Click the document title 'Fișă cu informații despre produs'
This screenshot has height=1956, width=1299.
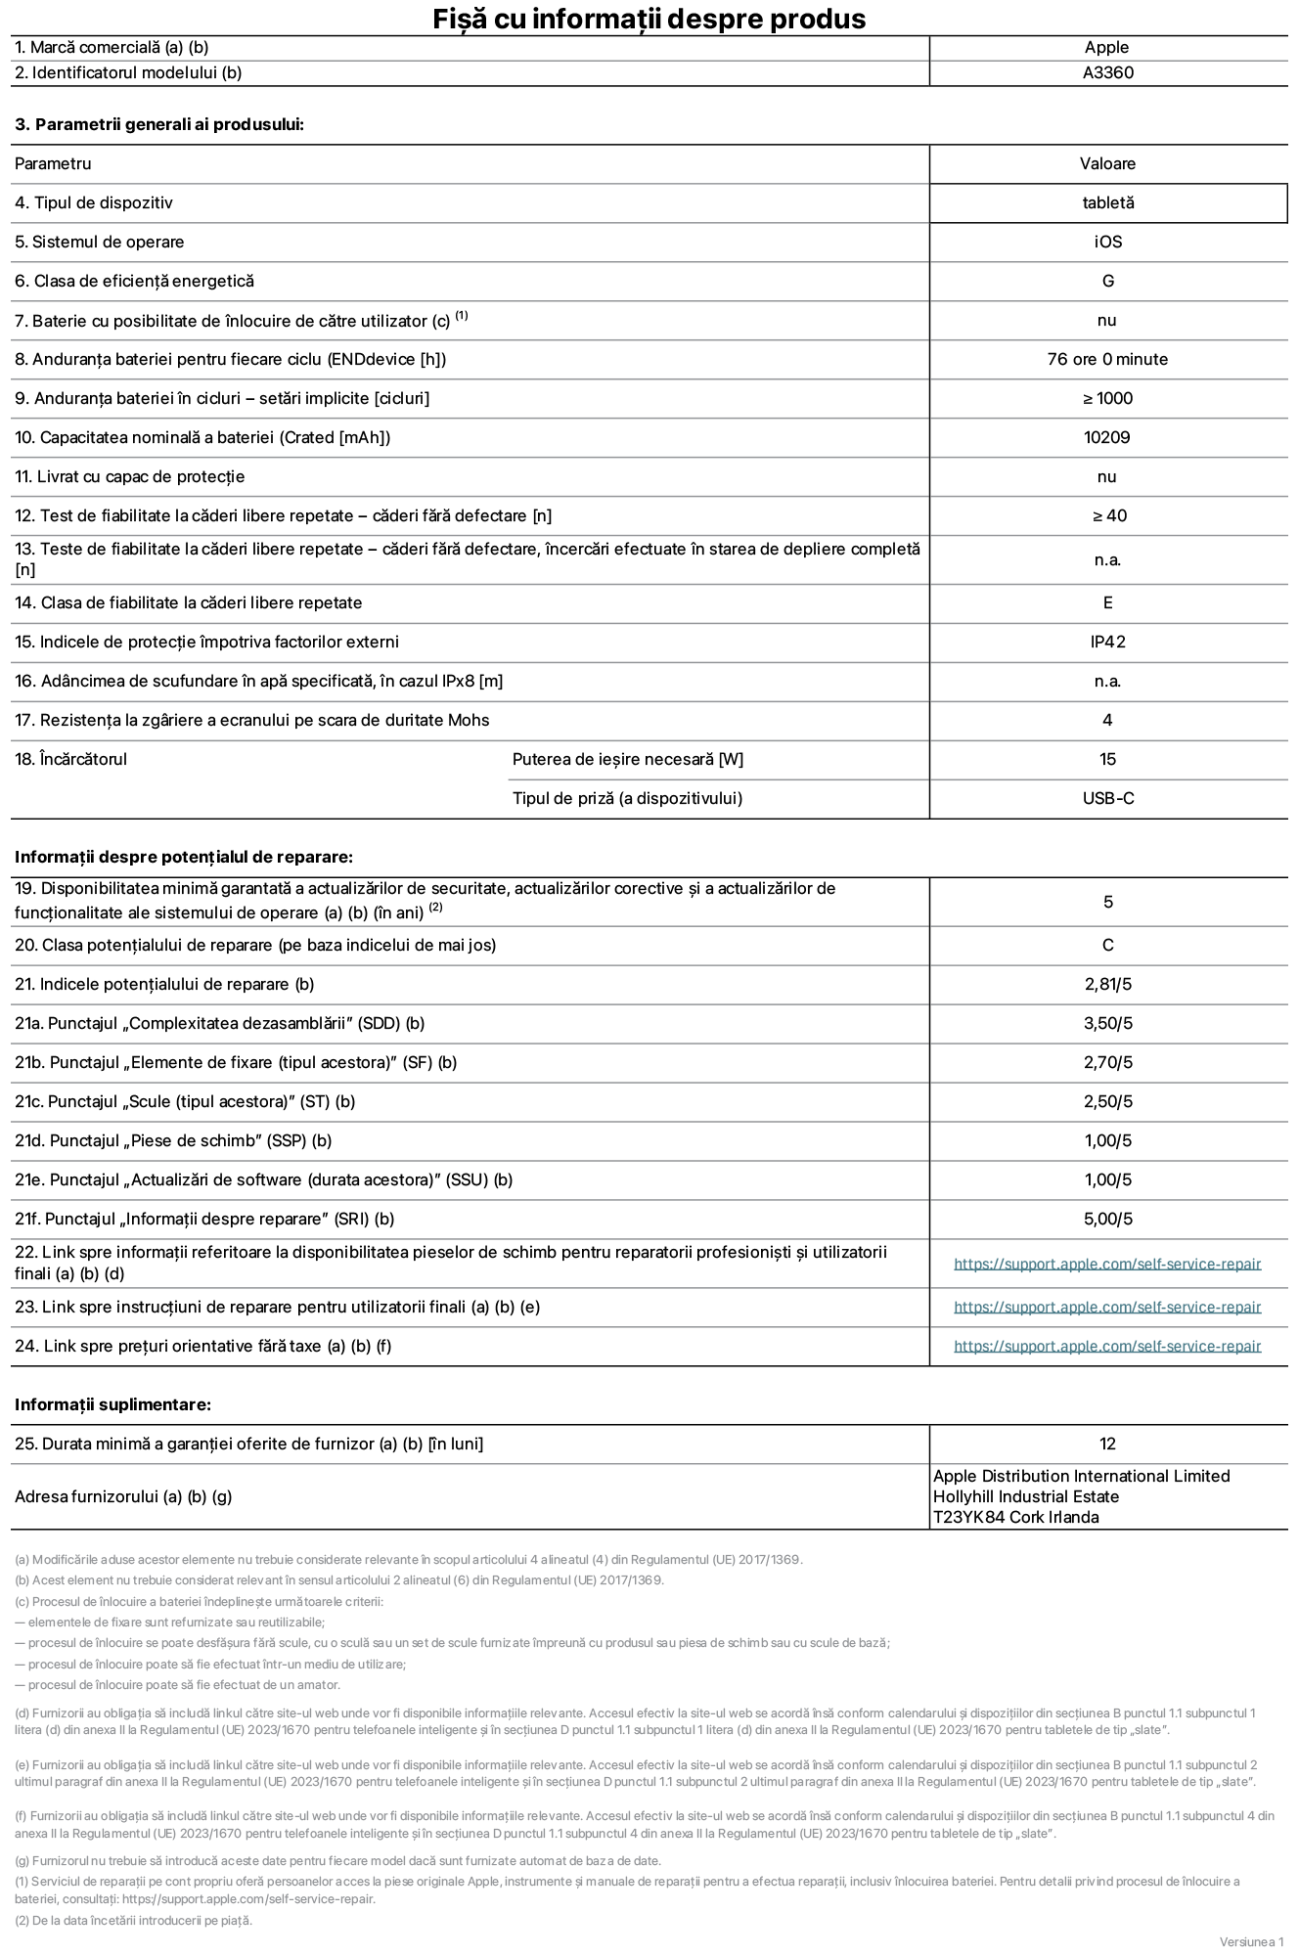[x=649, y=19]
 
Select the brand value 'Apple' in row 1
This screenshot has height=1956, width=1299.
[x=1106, y=47]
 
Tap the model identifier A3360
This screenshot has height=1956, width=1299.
[x=1107, y=72]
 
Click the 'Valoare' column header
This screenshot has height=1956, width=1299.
[x=1107, y=163]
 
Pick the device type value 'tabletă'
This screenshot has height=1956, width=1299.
[x=1107, y=202]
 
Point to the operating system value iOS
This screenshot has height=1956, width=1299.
[x=1107, y=242]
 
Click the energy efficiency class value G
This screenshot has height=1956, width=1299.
[x=1107, y=281]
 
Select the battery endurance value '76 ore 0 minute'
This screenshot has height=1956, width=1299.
[x=1107, y=359]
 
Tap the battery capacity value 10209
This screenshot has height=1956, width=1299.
[x=1106, y=437]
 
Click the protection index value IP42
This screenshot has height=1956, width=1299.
[x=1107, y=642]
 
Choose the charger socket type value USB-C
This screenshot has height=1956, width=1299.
[x=1107, y=798]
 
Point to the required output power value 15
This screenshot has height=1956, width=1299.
[x=1107, y=759]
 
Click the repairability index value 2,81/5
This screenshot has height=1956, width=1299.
[x=1107, y=984]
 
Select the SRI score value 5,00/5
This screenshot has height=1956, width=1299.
[x=1107, y=1219]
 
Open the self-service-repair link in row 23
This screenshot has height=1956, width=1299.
[x=1107, y=1307]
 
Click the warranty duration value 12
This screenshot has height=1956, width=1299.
[x=1107, y=1444]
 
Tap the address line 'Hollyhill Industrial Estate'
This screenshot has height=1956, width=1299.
[x=1025, y=1496]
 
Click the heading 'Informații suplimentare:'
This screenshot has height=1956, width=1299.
[x=112, y=1404]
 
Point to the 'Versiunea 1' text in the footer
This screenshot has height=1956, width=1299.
[x=1251, y=1941]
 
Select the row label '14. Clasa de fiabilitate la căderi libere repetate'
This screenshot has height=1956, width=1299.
[x=188, y=602]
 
